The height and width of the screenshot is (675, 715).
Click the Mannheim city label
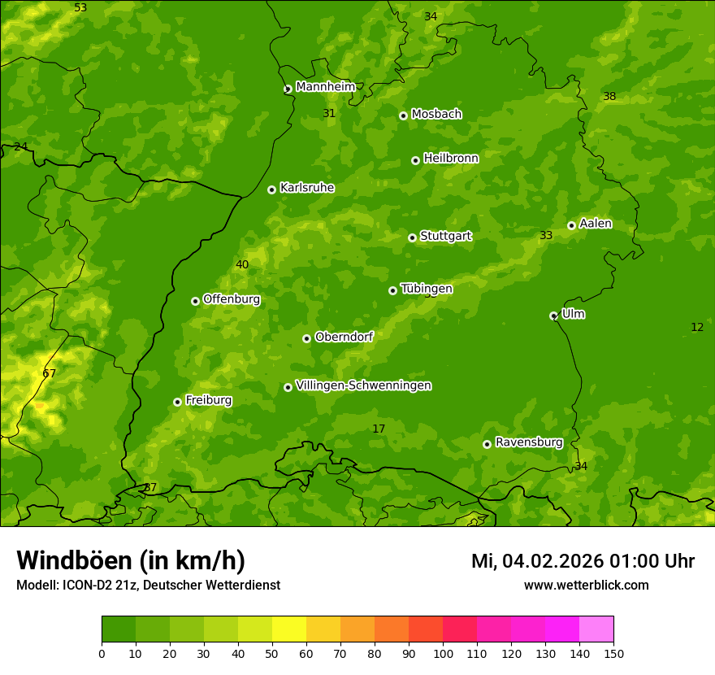coord(325,87)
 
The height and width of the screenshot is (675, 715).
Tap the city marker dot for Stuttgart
coord(412,237)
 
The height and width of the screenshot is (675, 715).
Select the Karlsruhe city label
coord(306,188)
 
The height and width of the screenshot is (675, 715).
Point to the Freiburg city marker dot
coord(177,402)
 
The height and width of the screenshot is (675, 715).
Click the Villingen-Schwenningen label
coord(363,385)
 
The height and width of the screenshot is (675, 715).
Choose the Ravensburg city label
coord(528,442)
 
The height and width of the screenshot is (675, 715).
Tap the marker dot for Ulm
coord(553,316)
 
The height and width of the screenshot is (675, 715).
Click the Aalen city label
coord(596,224)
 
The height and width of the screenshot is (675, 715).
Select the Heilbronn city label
coord(451,159)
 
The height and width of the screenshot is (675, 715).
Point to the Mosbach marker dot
coord(403,115)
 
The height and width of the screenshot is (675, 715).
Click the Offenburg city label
coord(232,299)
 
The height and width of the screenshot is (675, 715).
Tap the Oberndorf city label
coord(344,337)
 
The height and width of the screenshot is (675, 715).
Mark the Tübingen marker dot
coord(392,290)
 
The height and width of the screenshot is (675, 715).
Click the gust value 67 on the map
coord(50,373)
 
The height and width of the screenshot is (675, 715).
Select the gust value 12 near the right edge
coord(697,327)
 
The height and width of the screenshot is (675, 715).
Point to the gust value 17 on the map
coord(379,429)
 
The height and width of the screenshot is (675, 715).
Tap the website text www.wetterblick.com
coord(586,585)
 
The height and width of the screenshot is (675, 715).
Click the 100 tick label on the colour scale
coord(443,653)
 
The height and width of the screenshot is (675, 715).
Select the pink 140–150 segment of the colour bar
coord(596,629)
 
